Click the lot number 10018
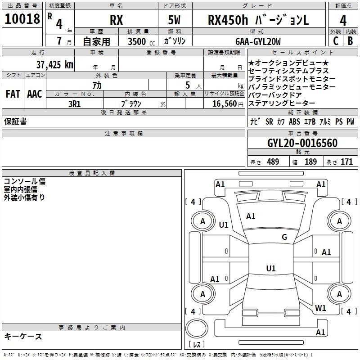[22, 19]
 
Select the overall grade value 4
[343, 21]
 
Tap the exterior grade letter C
[336, 41]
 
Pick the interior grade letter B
[351, 41]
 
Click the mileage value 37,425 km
[55, 65]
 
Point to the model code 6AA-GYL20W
[258, 41]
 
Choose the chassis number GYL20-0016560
[302, 143]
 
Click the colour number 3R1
[75, 104]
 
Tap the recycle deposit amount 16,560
[225, 104]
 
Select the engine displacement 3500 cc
[141, 42]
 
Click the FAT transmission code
[13, 94]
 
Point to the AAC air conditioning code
[35, 94]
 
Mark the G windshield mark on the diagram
[284, 237]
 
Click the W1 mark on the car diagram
[320, 308]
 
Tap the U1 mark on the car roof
[271, 268]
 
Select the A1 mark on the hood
[251, 216]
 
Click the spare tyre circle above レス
[197, 328]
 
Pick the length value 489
[273, 162]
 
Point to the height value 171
[346, 162]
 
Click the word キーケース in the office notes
[23, 337]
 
